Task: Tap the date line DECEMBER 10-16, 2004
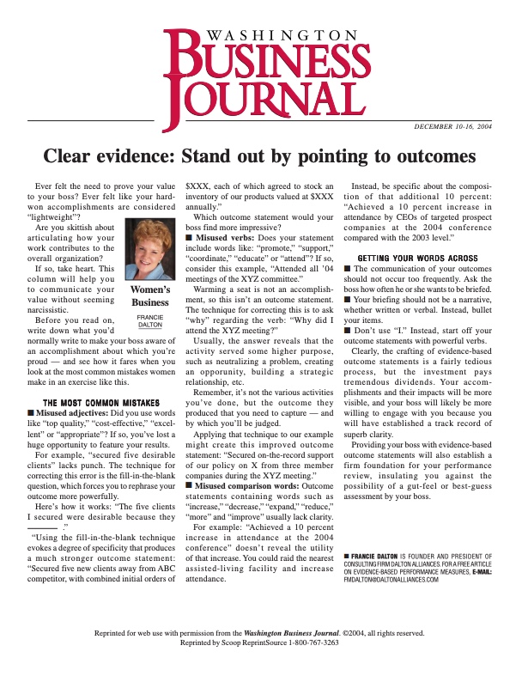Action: [x=452, y=126]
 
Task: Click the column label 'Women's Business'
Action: [x=149, y=296]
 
